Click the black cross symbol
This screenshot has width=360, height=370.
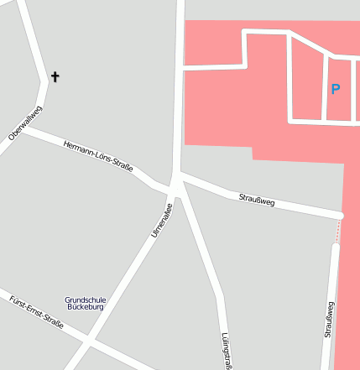[x=55, y=77]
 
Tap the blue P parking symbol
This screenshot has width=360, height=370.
[x=336, y=89]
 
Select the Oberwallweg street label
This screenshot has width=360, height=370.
[x=25, y=123]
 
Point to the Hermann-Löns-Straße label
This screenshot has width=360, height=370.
[x=98, y=157]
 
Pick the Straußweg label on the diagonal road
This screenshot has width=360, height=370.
[x=257, y=200]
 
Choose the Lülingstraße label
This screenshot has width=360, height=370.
[x=226, y=351]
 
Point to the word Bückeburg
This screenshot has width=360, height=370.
[x=86, y=307]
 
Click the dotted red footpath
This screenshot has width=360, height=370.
[x=339, y=230]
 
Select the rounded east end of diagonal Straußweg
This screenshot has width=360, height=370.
[x=339, y=216]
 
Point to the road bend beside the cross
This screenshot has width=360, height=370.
[x=45, y=80]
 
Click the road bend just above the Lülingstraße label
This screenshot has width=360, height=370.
[x=220, y=295]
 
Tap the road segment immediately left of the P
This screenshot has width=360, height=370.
[x=325, y=88]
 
